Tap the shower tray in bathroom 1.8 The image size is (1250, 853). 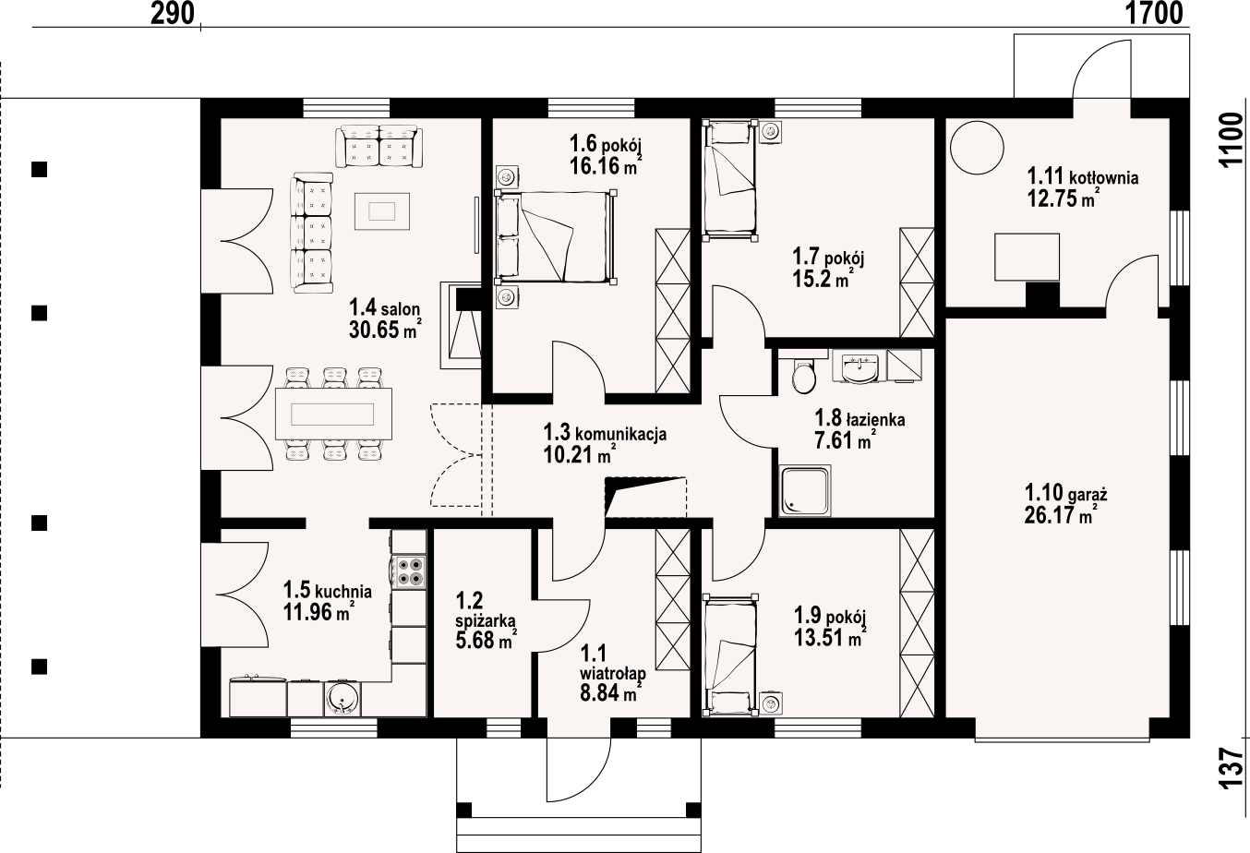tap(804, 489)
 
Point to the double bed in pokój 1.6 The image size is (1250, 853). tap(555, 237)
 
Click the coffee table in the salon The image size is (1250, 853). tap(382, 211)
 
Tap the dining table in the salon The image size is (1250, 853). tap(333, 414)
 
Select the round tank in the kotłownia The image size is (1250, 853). tap(977, 148)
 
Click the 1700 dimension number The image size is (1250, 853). tap(1153, 14)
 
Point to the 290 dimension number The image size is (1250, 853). tap(173, 14)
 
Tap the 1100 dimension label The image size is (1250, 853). tap(1232, 140)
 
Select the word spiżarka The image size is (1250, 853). tap(486, 621)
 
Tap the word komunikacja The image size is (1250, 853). tap(620, 434)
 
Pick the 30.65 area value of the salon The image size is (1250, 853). tap(374, 330)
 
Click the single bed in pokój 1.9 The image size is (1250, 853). tap(731, 655)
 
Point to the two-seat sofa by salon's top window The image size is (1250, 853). tap(379, 147)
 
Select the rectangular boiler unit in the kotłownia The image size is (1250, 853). tap(1027, 257)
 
